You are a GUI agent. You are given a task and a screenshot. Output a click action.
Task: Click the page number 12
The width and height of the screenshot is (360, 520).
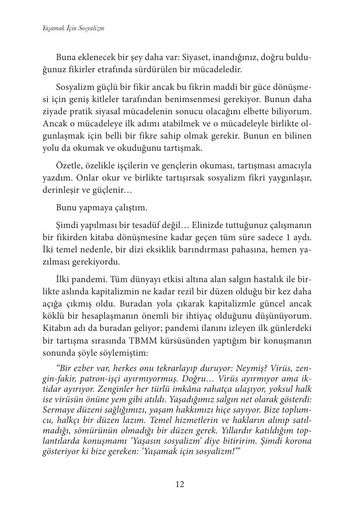click(180, 485)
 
